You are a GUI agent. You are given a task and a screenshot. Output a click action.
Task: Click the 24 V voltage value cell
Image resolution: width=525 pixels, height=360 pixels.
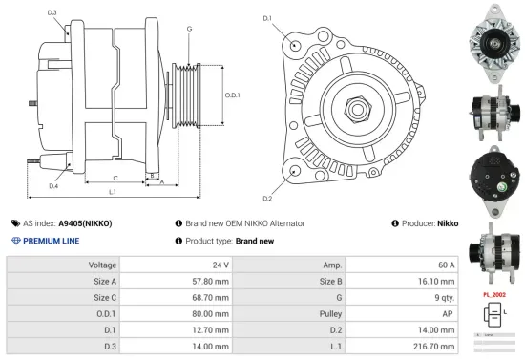click(220, 265)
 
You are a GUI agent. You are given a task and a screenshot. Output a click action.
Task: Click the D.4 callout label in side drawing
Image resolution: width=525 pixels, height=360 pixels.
click(53, 186)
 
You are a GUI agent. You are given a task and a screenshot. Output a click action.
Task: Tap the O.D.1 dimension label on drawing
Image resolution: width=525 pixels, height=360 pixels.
click(231, 95)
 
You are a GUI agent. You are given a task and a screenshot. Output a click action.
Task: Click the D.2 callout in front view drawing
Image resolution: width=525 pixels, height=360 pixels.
click(267, 198)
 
